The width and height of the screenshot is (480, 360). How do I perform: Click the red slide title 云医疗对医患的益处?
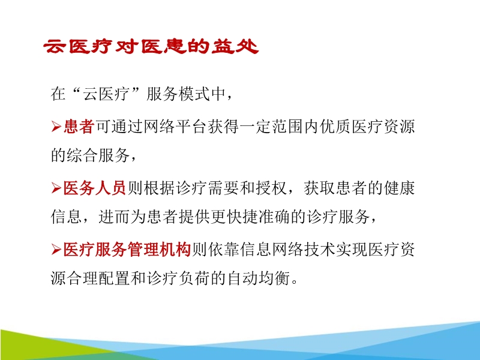151,47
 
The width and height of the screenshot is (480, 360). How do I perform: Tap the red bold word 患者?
79,127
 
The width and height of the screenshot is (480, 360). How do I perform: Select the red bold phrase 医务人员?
94,188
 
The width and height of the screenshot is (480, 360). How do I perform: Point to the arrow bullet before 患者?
56,127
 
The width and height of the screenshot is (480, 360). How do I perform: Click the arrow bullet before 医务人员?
56,189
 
